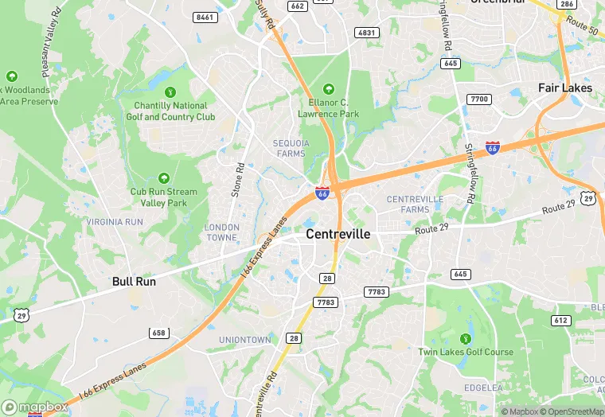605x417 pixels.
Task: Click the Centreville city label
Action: (x=338, y=235)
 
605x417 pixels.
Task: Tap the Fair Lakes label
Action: (x=564, y=88)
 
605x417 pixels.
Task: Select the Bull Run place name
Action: (x=134, y=281)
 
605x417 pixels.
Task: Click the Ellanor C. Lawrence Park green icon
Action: (x=329, y=89)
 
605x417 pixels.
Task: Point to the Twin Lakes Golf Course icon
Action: (x=466, y=338)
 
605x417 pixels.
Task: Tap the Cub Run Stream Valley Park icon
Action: (x=164, y=178)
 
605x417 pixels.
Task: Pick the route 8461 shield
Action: (x=205, y=17)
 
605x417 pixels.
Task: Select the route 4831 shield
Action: (x=366, y=33)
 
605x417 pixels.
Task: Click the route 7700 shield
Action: (x=479, y=99)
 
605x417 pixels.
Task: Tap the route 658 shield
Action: (x=158, y=333)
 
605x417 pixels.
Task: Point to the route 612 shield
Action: (x=561, y=320)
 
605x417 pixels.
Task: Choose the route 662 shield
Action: (x=298, y=6)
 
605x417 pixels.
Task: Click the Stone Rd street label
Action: (x=236, y=180)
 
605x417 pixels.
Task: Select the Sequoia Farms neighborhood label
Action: (x=291, y=148)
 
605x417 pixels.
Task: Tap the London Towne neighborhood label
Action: (x=221, y=232)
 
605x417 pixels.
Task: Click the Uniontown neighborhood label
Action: (x=245, y=340)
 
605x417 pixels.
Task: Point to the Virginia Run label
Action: (x=115, y=221)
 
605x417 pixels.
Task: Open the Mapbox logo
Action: (x=34, y=407)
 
